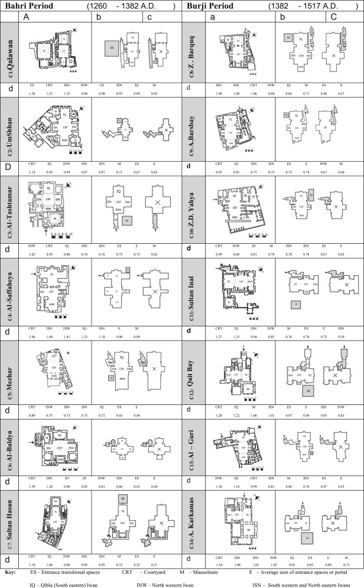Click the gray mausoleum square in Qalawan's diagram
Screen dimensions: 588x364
click(x=110, y=47)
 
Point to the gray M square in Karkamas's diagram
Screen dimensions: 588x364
click(x=307, y=538)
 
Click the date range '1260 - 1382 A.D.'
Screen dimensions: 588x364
click(x=131, y=6)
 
